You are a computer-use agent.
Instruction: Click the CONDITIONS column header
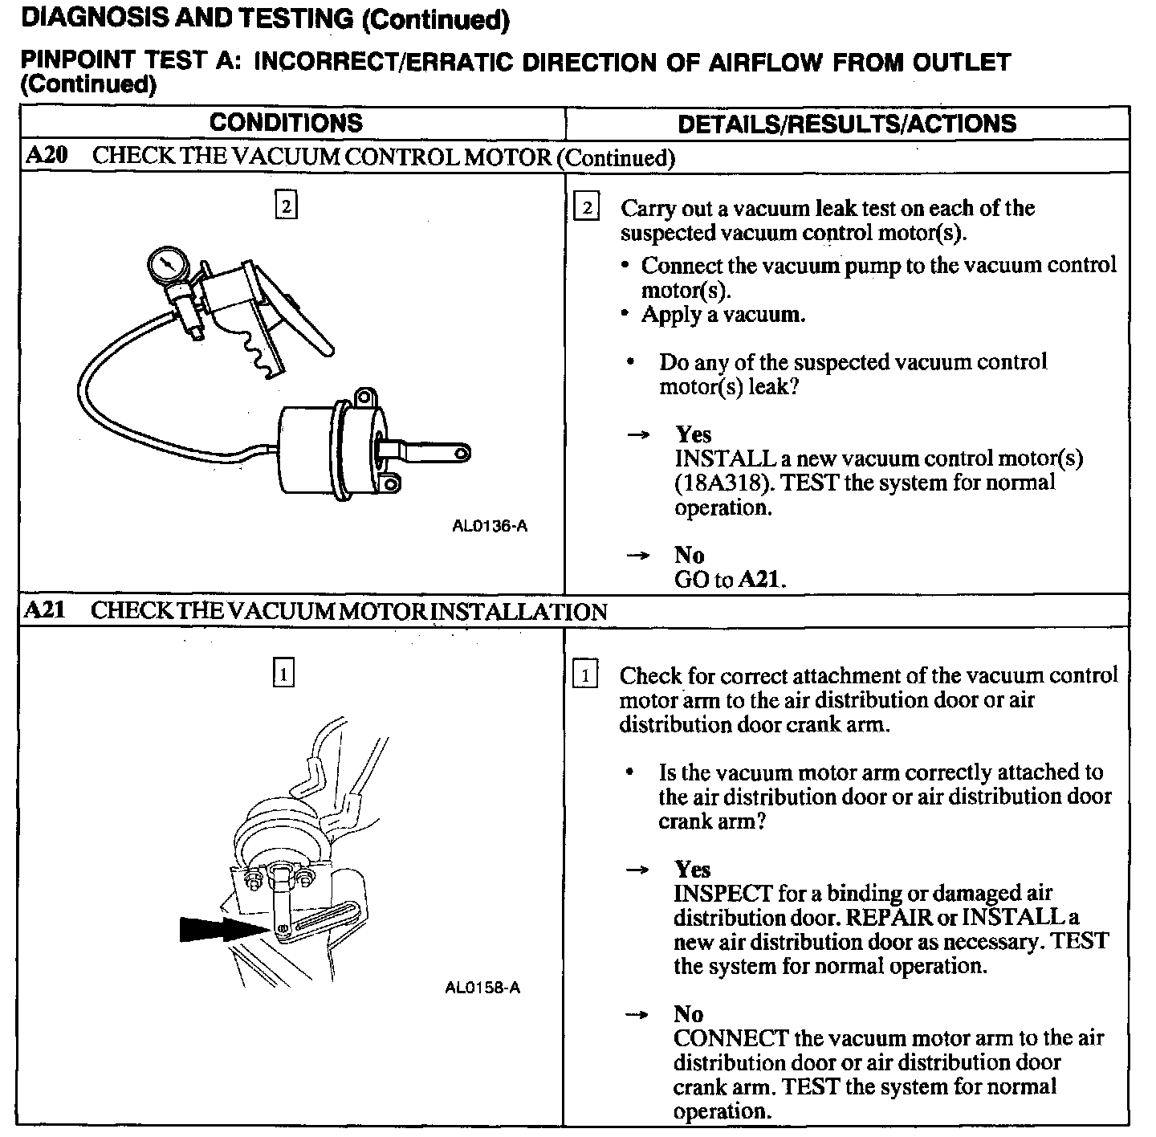pyautogui.click(x=286, y=123)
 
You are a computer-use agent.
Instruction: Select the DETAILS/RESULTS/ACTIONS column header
pyautogui.click(x=847, y=124)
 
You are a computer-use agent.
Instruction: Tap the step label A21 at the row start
pyautogui.click(x=44, y=611)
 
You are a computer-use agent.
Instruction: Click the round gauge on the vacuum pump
pyautogui.click(x=168, y=266)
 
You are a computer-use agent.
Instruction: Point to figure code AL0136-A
pyautogui.click(x=490, y=527)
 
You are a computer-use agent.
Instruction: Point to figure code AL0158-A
pyautogui.click(x=482, y=988)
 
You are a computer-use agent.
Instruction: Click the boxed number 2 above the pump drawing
pyautogui.click(x=286, y=206)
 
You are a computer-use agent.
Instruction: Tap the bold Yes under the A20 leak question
pyautogui.click(x=693, y=434)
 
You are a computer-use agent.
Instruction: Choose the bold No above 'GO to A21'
pyautogui.click(x=689, y=556)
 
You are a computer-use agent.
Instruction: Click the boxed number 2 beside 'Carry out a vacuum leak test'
pyautogui.click(x=587, y=208)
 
